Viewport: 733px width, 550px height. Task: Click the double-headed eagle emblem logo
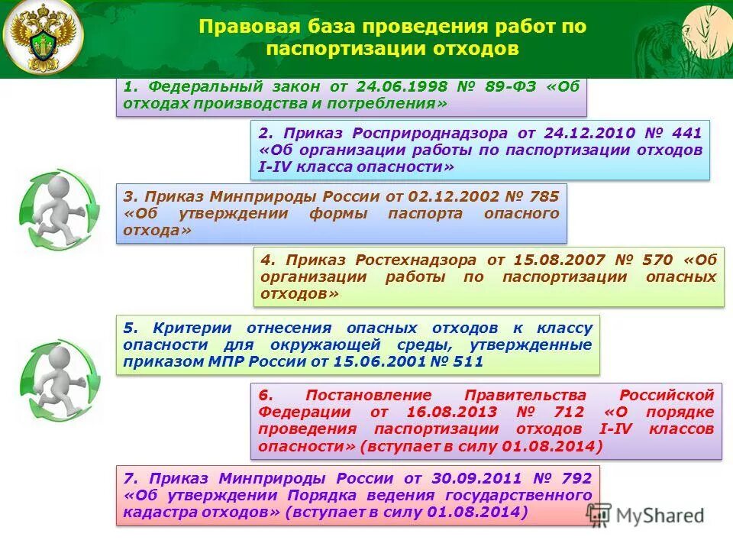pos(42,38)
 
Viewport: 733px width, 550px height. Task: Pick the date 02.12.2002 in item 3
pos(447,196)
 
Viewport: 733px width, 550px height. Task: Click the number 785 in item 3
pos(544,196)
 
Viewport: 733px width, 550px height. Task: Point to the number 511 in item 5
pos(467,362)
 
